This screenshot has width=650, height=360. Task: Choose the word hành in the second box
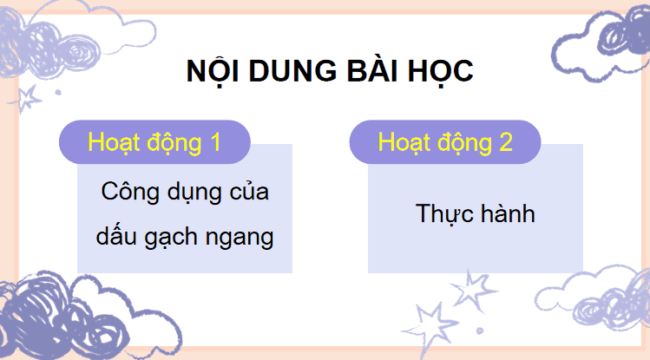point(507,213)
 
